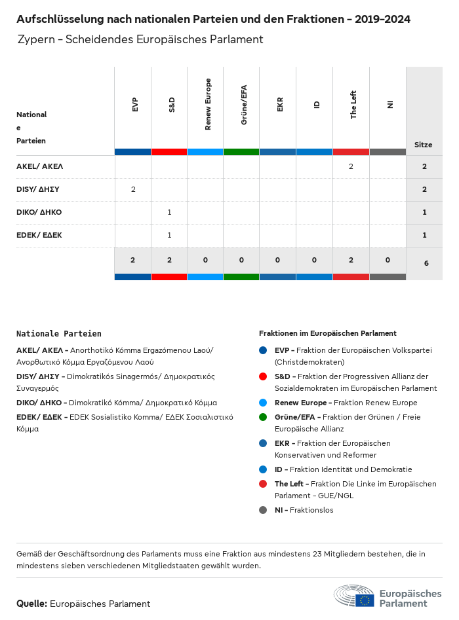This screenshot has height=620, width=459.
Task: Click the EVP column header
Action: (134, 104)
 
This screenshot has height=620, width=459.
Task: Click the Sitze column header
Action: (423, 145)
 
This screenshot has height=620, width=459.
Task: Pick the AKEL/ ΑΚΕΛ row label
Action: (39, 166)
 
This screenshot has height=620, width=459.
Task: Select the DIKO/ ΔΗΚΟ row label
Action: (39, 212)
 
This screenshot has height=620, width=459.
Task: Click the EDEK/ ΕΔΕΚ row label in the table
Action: (39, 234)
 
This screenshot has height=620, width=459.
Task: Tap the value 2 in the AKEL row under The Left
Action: (351, 166)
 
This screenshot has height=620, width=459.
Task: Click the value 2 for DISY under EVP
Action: (133, 189)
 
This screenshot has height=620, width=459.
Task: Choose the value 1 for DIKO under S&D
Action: (169, 212)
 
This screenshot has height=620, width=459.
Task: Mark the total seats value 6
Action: (426, 263)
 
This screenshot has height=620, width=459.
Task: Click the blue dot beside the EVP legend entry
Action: (263, 350)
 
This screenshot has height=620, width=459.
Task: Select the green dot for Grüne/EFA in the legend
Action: (263, 417)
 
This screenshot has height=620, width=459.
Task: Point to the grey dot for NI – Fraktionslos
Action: (263, 510)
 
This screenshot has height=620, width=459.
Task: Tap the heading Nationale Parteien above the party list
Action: (59, 334)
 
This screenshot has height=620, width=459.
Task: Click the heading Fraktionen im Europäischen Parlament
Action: (328, 333)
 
